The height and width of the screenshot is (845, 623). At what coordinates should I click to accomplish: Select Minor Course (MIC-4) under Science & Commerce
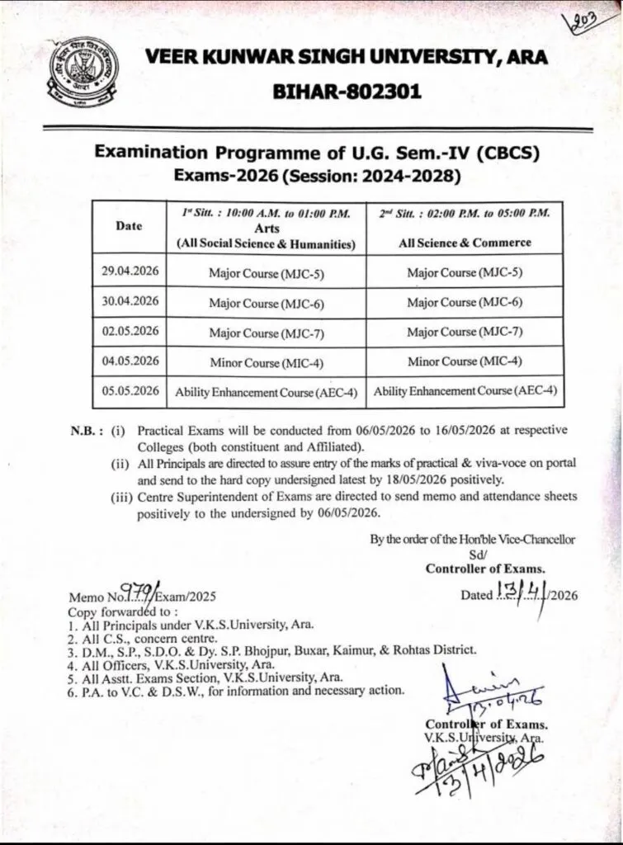click(465, 361)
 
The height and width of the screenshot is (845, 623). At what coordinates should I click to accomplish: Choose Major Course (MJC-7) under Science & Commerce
click(465, 332)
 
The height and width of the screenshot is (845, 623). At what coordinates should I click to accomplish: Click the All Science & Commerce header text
click(465, 243)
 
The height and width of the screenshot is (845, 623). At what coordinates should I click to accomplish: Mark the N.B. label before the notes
click(86, 431)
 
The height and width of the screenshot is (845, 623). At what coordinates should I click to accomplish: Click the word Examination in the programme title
click(161, 153)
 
